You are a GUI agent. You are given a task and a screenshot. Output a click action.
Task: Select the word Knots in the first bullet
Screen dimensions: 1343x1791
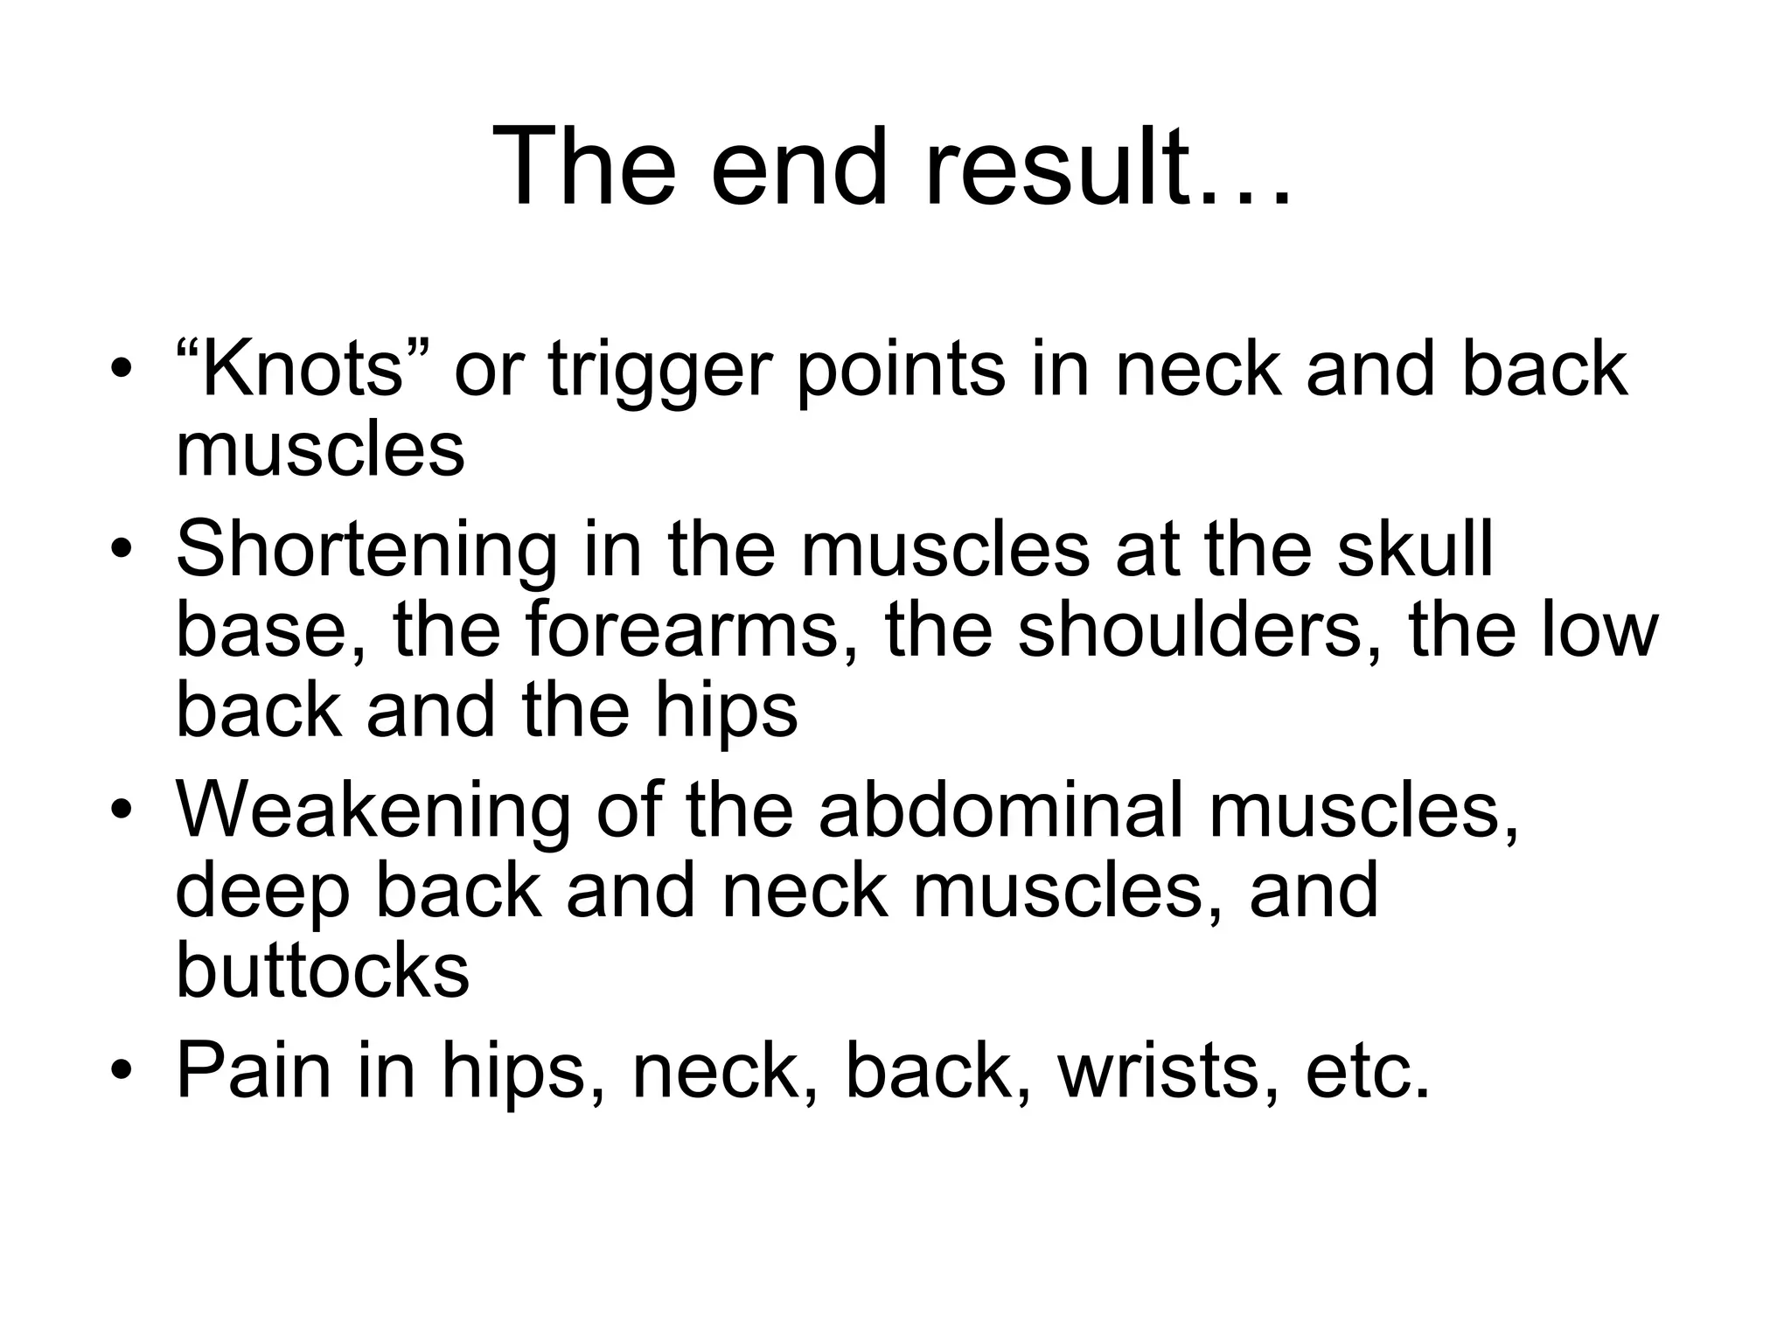[303, 369]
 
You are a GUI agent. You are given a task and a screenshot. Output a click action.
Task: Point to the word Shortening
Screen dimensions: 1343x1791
[366, 550]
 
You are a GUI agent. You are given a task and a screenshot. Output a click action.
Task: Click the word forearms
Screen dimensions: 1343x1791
[683, 630]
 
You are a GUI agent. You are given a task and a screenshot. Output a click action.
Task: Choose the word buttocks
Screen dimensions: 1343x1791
[323, 971]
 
